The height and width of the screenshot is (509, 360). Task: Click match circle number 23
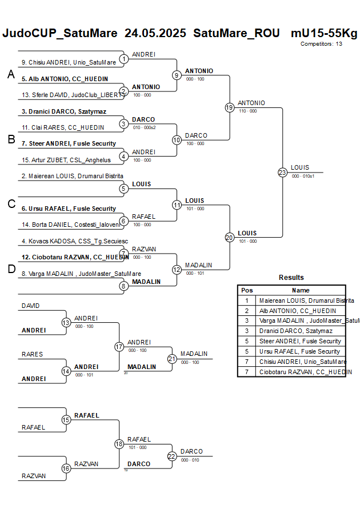[x=282, y=172]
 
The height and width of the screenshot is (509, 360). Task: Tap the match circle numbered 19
[x=230, y=107]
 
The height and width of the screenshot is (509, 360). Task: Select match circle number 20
[x=230, y=237]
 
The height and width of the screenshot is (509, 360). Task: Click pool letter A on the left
[x=11, y=74]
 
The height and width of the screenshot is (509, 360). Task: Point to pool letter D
[x=11, y=270]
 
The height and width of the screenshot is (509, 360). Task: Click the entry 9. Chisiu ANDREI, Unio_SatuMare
[x=69, y=62]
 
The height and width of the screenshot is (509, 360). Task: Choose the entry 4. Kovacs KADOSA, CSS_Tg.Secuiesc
[x=67, y=241]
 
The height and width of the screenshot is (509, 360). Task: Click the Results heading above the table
[x=291, y=278]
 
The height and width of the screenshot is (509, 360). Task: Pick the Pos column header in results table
[x=247, y=290]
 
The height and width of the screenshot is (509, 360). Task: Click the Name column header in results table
[x=301, y=290]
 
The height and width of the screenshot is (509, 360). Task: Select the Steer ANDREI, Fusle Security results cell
[x=300, y=341]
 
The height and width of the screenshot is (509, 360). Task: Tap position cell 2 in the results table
[x=247, y=311]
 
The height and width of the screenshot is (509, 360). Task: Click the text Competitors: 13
[x=321, y=43]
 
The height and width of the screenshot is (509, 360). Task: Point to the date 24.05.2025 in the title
[x=155, y=33]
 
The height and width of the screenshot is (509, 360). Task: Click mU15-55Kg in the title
[x=324, y=33]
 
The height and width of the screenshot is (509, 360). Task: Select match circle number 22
[x=171, y=456]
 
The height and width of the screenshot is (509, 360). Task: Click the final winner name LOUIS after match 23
[x=300, y=167]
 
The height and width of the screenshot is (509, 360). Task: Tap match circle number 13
[x=66, y=323]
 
